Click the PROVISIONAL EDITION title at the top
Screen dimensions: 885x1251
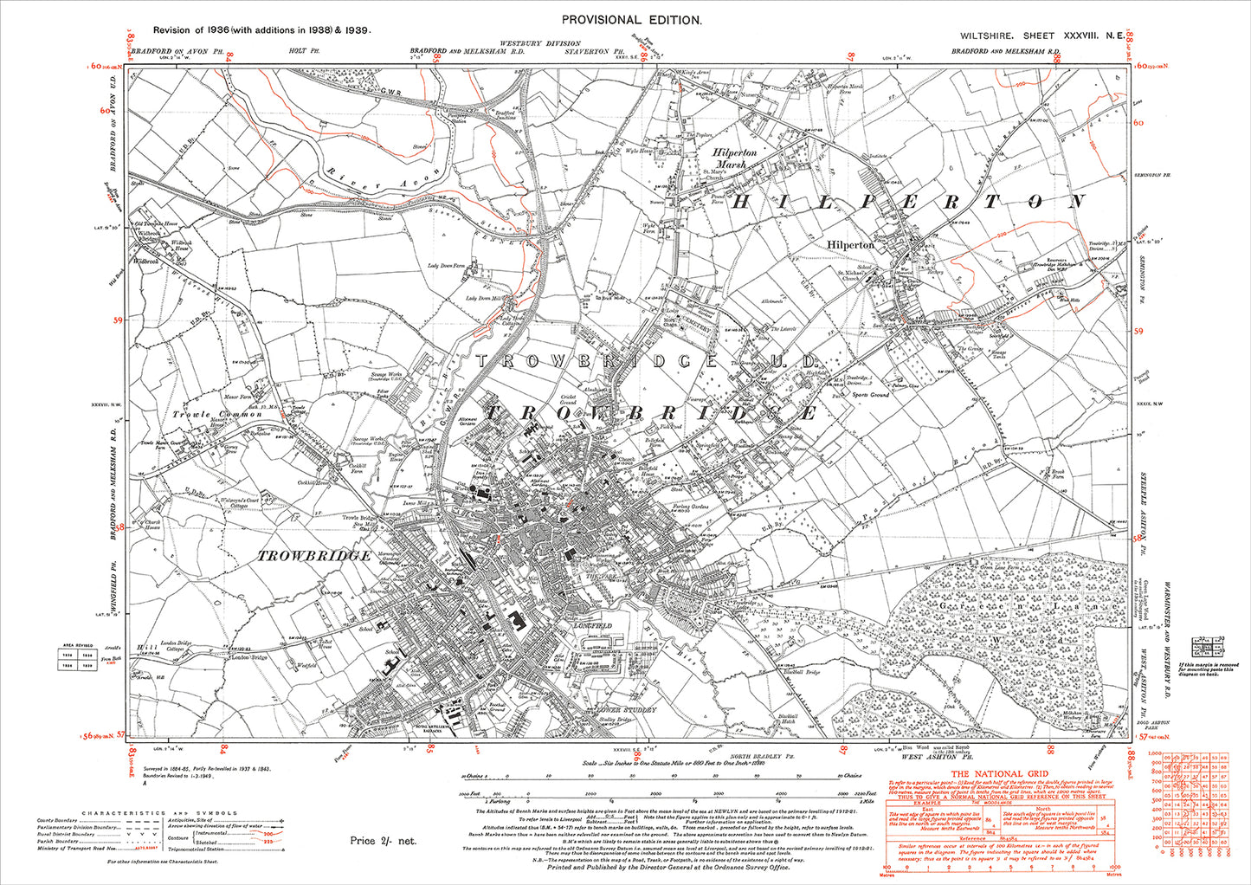pos(632,19)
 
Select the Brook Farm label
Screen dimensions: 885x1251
pos(1056,473)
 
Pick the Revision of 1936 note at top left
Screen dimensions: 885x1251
pos(256,29)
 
